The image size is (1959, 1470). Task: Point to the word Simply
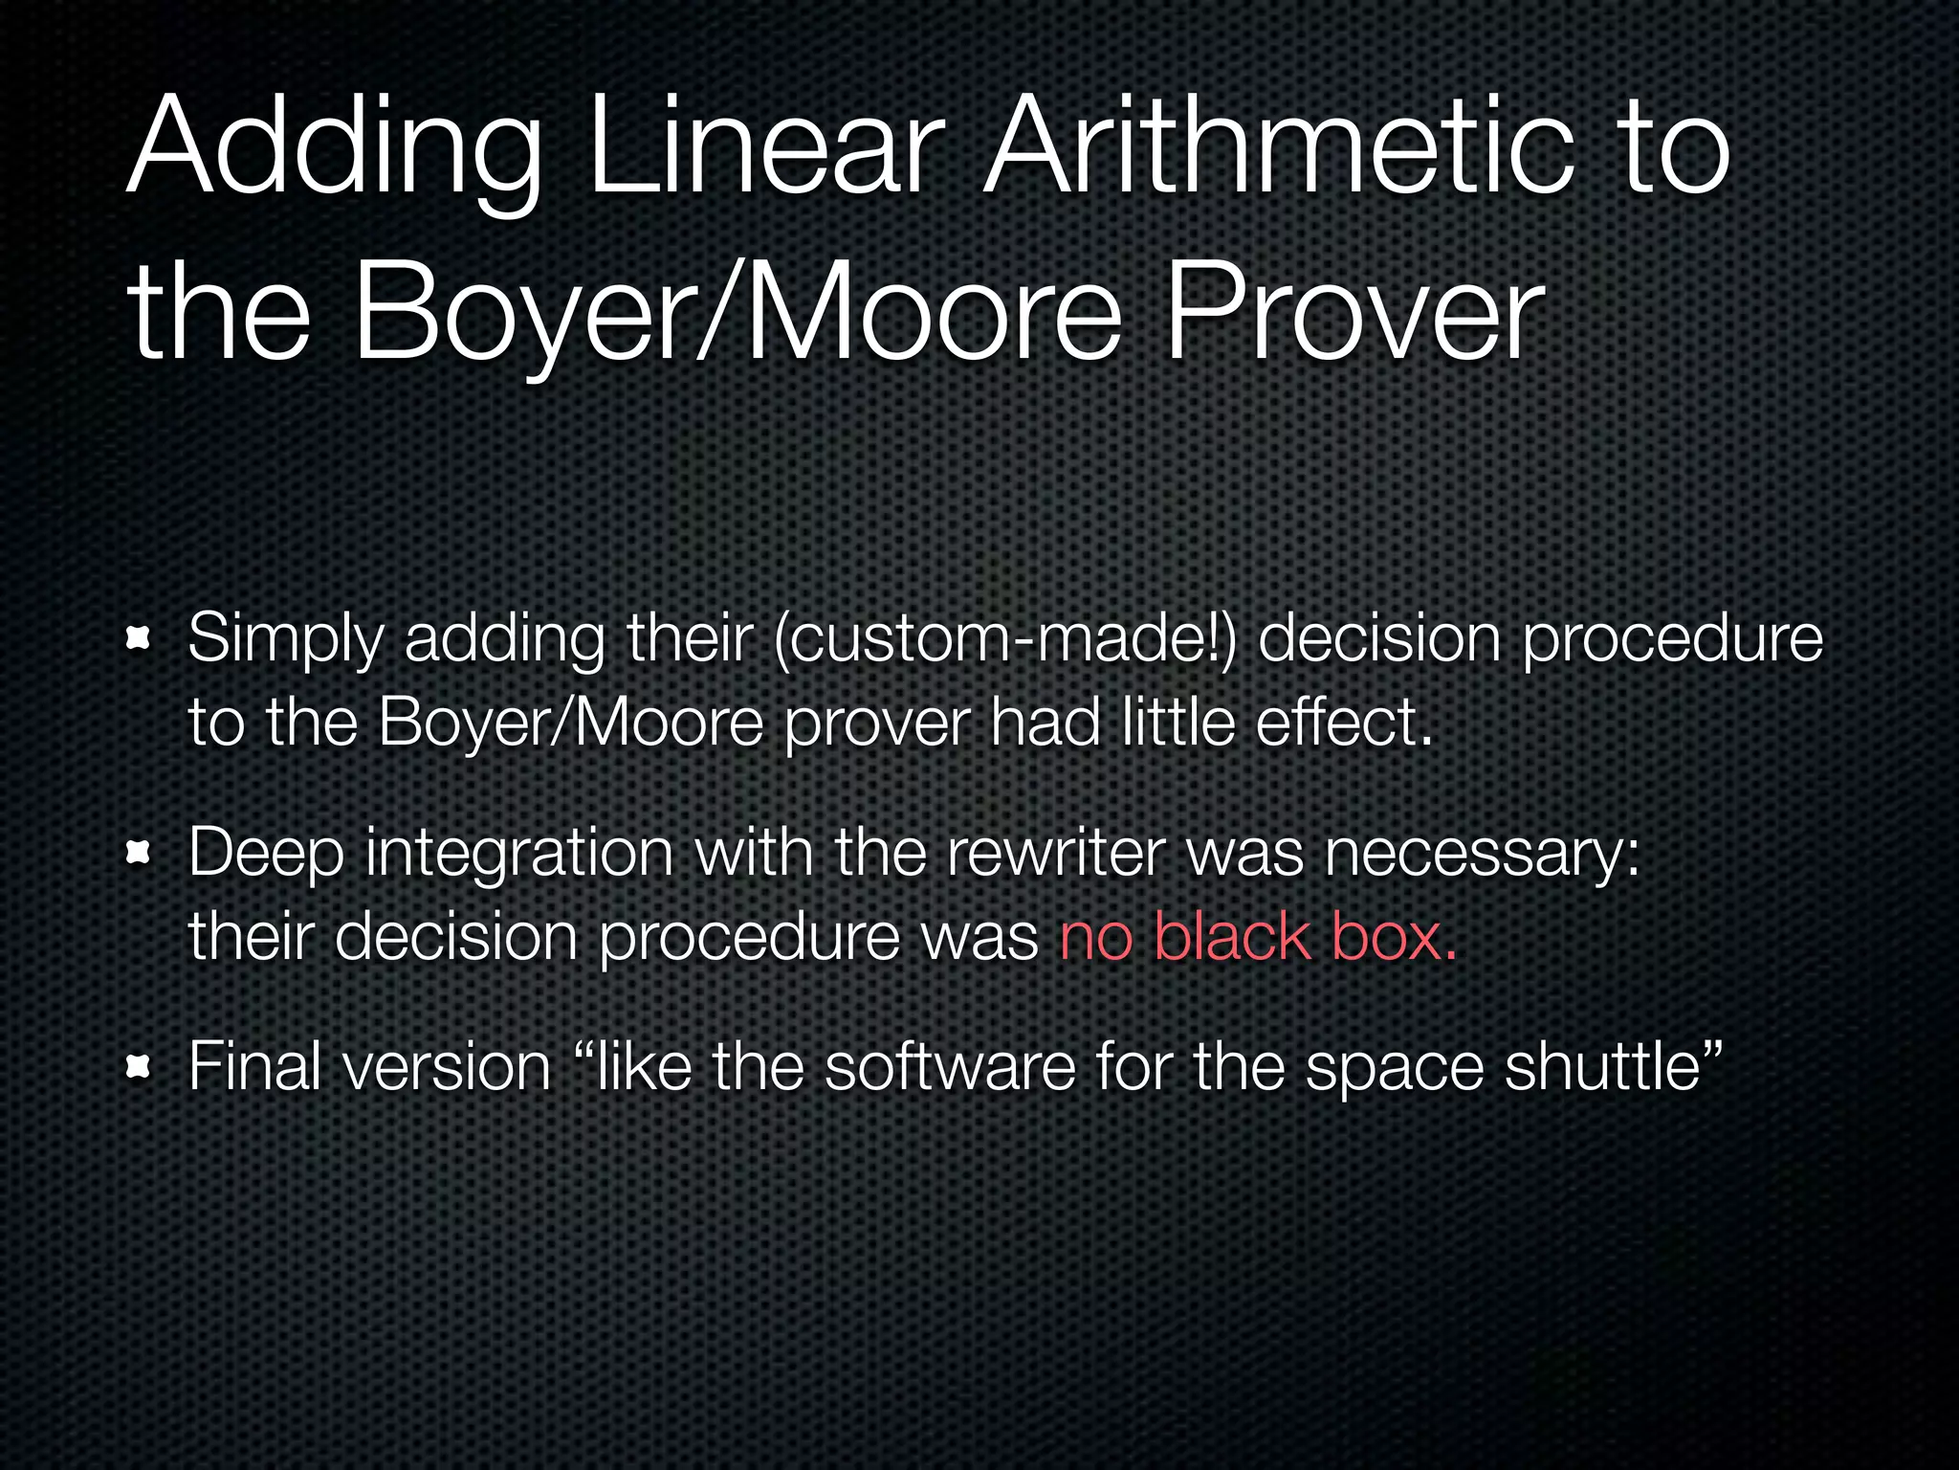click(x=285, y=639)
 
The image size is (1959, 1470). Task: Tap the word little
click(x=1178, y=722)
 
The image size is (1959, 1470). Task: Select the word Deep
click(x=265, y=854)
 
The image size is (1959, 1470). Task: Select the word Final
click(x=254, y=1066)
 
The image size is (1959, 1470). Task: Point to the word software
click(x=950, y=1066)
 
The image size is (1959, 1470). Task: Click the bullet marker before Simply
click(x=140, y=638)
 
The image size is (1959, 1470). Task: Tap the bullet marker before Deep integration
click(x=140, y=853)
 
